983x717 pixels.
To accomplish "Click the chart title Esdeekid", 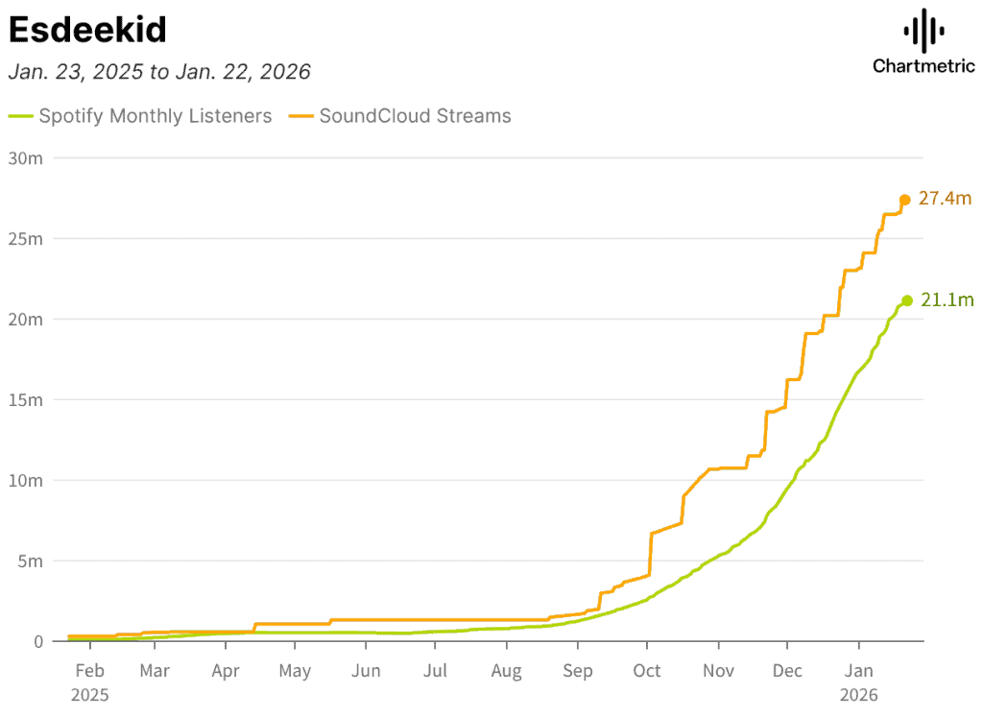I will pyautogui.click(x=87, y=30).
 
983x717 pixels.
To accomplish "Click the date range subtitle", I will pyautogui.click(x=159, y=72).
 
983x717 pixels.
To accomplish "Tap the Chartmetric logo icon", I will pyautogui.click(x=923, y=31).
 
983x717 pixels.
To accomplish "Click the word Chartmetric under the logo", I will pyautogui.click(x=923, y=66).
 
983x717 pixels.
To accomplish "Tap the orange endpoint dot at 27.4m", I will pyautogui.click(x=904, y=200).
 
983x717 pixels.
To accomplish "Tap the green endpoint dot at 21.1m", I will pyautogui.click(x=907, y=300).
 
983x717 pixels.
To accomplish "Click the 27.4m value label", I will pyautogui.click(x=945, y=199).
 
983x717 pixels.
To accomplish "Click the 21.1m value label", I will pyautogui.click(x=947, y=300).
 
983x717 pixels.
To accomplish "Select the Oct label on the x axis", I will pyautogui.click(x=647, y=671).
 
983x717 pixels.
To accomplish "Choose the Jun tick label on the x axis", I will pyautogui.click(x=366, y=671).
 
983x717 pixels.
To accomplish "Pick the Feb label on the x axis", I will pyautogui.click(x=89, y=671).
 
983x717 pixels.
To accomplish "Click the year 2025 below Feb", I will pyautogui.click(x=89, y=695).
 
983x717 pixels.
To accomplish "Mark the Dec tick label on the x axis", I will pyautogui.click(x=787, y=671).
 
